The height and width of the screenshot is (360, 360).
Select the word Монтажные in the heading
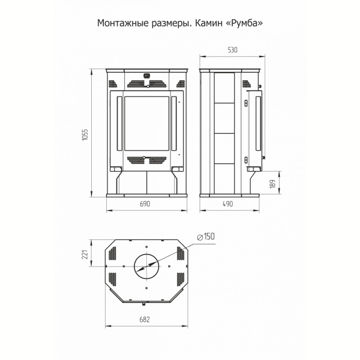pyautogui.click(x=123, y=23)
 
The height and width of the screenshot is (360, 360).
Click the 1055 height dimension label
pyautogui.click(x=85, y=135)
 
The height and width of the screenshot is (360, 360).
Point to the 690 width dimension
pyautogui.click(x=145, y=204)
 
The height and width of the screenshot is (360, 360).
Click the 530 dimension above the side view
pyautogui.click(x=232, y=50)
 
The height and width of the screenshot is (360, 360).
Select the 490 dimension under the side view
pyautogui.click(x=228, y=204)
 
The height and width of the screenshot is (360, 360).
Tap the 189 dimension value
pyautogui.click(x=272, y=184)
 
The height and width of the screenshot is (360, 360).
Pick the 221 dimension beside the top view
pyautogui.click(x=85, y=254)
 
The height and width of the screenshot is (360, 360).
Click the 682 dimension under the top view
pyautogui.click(x=145, y=319)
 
